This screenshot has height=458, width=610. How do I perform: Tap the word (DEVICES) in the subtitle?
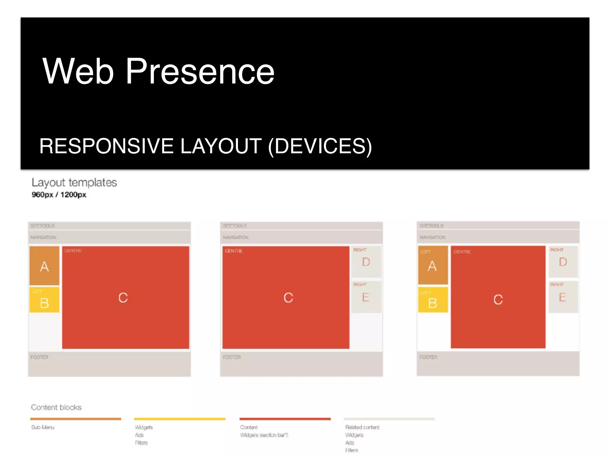pos(320,146)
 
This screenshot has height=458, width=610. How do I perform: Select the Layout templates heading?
pos(74,182)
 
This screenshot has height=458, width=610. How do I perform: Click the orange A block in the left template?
pos(44,266)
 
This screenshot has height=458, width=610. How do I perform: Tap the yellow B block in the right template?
pos(433,300)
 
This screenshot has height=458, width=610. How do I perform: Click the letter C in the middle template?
pos(288,298)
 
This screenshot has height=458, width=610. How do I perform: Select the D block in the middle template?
pos(366,262)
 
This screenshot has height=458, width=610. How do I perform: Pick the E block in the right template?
pos(563,297)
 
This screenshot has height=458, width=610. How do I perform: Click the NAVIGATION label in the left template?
pos(43,237)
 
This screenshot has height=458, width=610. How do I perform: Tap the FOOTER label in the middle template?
pos(232,357)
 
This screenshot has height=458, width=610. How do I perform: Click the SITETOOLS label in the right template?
pos(431,226)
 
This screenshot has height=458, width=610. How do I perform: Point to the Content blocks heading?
pos(56,407)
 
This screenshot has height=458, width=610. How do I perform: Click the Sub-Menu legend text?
pos(43,427)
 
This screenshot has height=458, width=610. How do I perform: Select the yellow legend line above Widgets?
pos(180,419)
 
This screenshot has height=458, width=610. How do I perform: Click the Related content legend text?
pos(362,427)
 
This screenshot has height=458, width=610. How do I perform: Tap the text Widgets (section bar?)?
pos(264,435)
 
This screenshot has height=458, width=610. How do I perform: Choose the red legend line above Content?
pos(285,419)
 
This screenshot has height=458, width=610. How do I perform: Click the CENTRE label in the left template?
pos(73,251)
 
